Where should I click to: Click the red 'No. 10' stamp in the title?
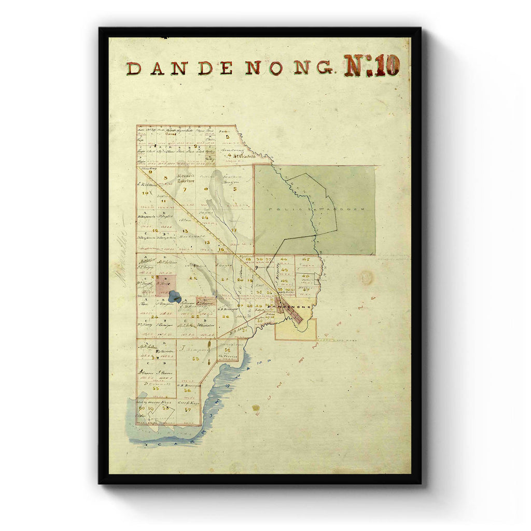372,66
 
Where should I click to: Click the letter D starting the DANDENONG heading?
133,68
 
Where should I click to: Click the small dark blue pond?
175,297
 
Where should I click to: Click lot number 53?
195,359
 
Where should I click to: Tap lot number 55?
156,388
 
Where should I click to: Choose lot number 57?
188,409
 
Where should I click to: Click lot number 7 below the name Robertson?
185,190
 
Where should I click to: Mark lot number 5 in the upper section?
234,189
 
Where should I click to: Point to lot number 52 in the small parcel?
227,350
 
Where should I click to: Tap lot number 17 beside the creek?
234,230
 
